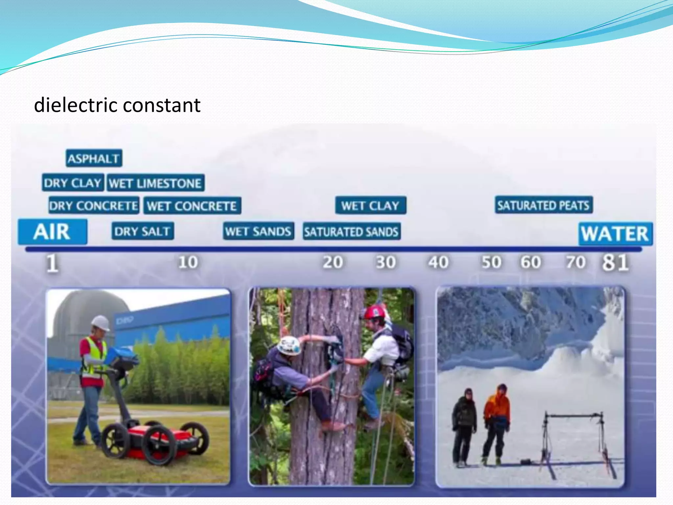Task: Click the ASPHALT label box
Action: click(94, 158)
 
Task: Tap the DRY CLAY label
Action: click(73, 183)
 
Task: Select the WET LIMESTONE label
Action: click(155, 183)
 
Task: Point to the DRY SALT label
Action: click(142, 231)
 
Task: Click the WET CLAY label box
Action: click(370, 205)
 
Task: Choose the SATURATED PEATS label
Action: click(544, 205)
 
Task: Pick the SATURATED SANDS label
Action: click(351, 231)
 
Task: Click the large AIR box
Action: click(53, 232)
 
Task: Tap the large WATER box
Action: click(615, 234)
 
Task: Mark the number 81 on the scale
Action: click(615, 263)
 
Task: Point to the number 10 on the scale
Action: click(188, 262)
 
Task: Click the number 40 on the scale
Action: click(438, 262)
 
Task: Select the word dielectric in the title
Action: click(76, 105)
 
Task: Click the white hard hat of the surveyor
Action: click(101, 323)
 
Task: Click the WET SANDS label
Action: click(258, 231)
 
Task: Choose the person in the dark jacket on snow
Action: click(464, 424)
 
